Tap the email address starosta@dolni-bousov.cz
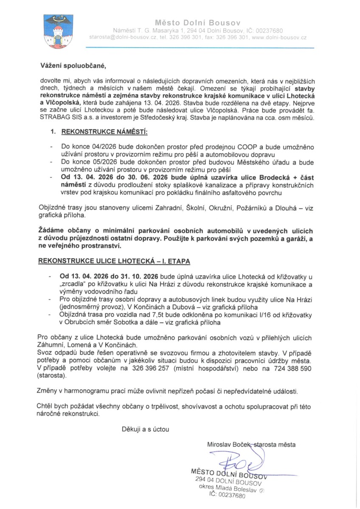[121, 38]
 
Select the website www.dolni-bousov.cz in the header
[279, 38]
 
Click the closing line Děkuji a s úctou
[146, 429]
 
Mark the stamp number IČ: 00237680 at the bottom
[228, 495]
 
